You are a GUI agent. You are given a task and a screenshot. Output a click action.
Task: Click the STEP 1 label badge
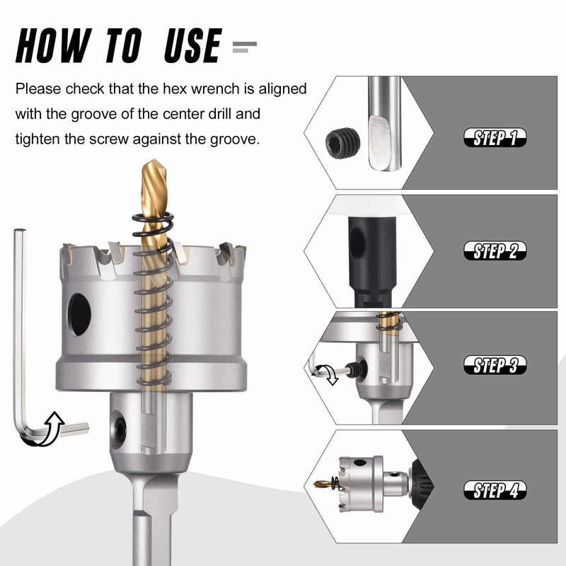tap(495, 137)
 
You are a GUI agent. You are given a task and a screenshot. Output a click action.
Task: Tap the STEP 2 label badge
tap(495, 250)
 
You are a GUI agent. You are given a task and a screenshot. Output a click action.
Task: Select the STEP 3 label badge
tap(495, 364)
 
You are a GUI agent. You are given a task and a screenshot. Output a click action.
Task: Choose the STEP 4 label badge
tap(495, 490)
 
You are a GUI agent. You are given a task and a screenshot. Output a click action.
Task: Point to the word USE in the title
tap(192, 46)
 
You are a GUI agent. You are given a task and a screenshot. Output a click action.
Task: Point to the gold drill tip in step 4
tap(323, 483)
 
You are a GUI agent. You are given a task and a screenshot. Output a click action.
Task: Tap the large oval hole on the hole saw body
tap(79, 314)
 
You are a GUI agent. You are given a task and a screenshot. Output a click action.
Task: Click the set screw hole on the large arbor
tap(119, 430)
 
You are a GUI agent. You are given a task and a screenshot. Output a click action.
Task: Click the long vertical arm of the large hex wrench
tap(20, 325)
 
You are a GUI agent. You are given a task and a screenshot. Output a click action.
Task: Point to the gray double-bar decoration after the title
tap(245, 47)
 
